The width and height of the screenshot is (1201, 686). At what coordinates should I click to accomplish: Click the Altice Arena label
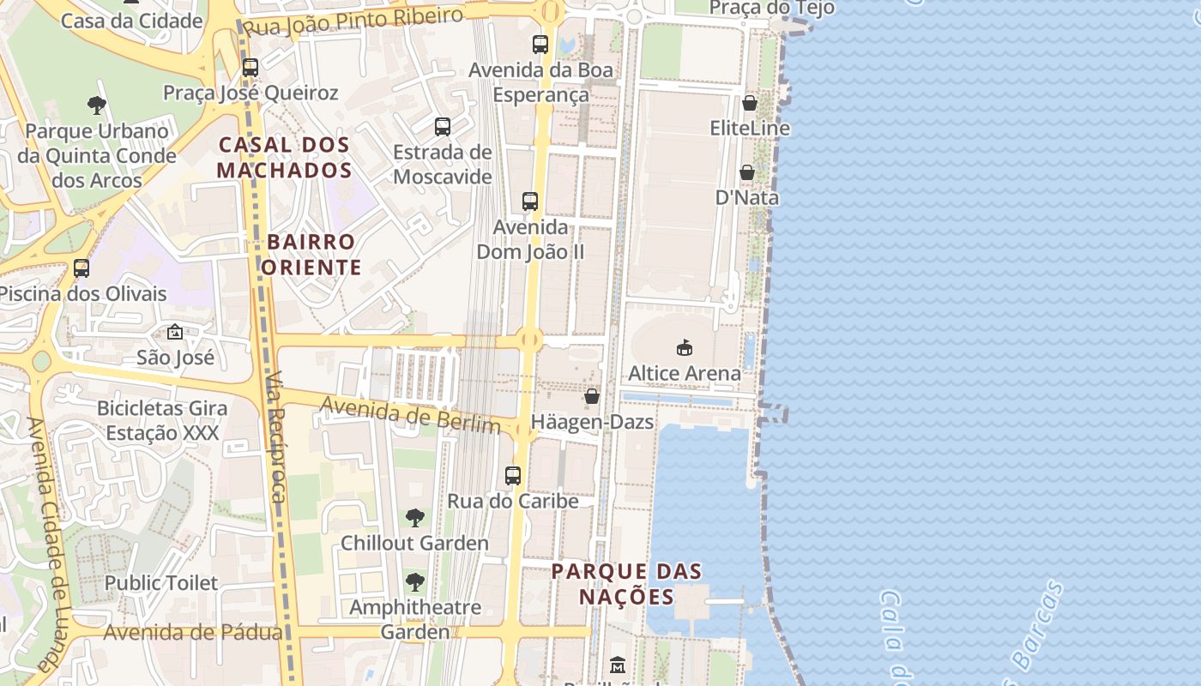coord(684,373)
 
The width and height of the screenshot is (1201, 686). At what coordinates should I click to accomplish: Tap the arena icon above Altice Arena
coord(684,347)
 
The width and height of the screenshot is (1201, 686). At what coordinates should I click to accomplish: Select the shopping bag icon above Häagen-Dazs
coord(592,396)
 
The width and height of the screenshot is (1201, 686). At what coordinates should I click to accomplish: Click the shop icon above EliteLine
coord(750,103)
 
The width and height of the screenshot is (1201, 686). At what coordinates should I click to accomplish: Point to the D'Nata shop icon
coord(747,172)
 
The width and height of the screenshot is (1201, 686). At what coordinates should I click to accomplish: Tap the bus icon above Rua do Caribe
coord(513,475)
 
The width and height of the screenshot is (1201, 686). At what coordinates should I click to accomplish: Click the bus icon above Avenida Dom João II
coord(530,202)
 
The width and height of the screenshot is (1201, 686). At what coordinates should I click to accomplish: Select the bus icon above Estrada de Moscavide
coord(443,127)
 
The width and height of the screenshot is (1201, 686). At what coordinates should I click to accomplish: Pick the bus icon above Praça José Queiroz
coord(250,67)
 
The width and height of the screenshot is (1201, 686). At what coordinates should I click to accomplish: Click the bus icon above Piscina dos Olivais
coord(81,268)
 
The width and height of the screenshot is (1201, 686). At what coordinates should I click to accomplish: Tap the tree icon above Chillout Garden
coord(414,517)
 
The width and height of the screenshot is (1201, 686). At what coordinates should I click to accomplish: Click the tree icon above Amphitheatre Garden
coord(415,582)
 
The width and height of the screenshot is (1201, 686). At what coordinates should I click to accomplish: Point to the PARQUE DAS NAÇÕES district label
coord(626,583)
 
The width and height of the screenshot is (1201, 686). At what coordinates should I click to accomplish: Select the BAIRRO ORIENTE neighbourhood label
coord(311,255)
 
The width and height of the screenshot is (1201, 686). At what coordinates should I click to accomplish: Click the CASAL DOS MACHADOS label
coord(284,157)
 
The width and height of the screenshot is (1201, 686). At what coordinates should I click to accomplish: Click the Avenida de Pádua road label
coord(193,633)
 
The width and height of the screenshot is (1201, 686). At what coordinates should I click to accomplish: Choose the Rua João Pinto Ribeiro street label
coord(353,21)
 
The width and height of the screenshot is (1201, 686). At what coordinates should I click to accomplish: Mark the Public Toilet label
coord(161,583)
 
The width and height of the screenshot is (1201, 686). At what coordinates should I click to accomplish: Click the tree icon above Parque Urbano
coord(96,105)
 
